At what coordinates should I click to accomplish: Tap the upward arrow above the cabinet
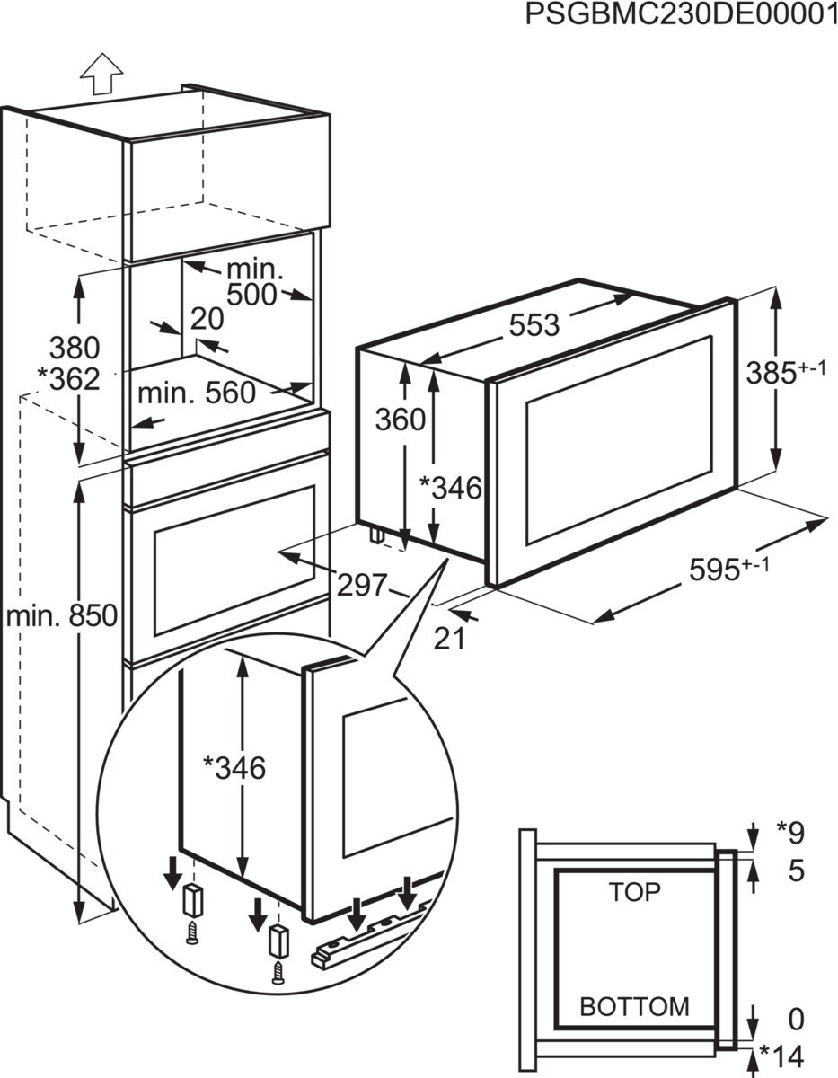tap(101, 73)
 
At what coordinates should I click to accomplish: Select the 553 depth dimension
tap(534, 325)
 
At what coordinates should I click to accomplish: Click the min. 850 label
tap(61, 616)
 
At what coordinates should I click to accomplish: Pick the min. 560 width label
tap(196, 393)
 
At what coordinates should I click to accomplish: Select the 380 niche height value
tap(74, 348)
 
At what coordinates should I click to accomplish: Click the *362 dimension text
tap(69, 379)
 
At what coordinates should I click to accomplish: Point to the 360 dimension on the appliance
tap(399, 420)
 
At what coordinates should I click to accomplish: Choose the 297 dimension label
tap(361, 584)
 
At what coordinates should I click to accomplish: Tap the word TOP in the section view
tap(634, 892)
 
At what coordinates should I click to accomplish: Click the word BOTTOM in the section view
tap(634, 1006)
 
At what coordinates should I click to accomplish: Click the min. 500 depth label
tap(253, 282)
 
